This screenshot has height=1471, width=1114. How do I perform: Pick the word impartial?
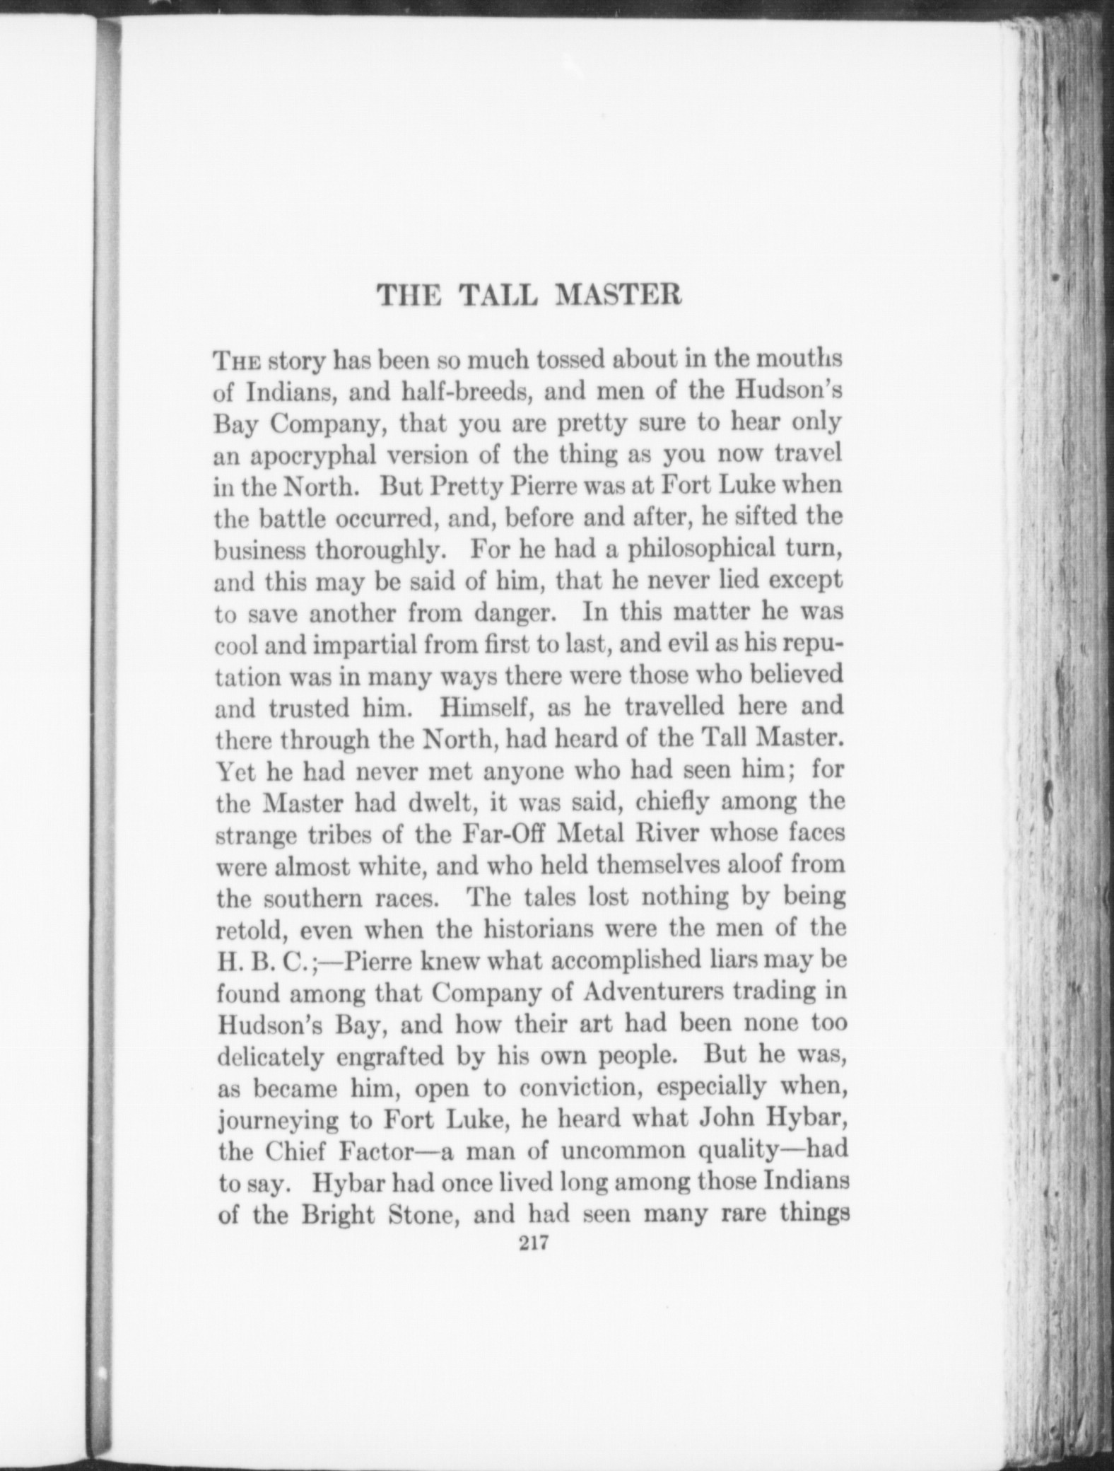366,642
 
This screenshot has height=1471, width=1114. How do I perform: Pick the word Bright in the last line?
339,1215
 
